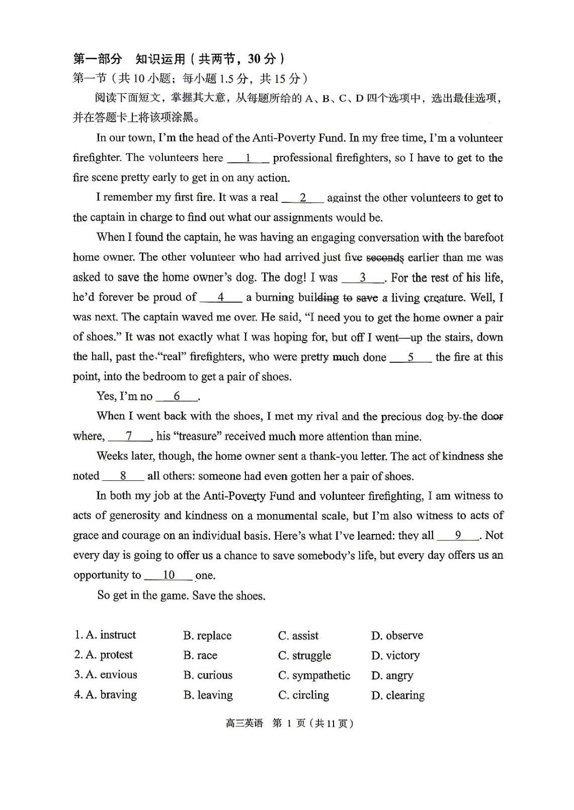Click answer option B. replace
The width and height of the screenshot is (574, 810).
[207, 636]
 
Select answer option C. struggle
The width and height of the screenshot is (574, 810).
[304, 656]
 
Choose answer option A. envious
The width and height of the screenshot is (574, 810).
[106, 675]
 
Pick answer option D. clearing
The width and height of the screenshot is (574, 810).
[397, 695]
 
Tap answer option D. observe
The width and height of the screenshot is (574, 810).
[397, 636]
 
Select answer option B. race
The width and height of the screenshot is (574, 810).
[200, 655]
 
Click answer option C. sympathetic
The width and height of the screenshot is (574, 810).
[314, 675]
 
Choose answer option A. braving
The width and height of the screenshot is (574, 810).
[106, 695]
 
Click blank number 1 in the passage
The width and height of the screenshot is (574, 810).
[248, 158]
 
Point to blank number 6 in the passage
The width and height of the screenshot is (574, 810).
[177, 397]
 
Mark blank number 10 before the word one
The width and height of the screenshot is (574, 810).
[169, 575]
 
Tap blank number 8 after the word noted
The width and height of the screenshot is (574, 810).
[123, 476]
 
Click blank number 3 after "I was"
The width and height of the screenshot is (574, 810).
[363, 278]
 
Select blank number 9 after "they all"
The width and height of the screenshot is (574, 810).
[458, 536]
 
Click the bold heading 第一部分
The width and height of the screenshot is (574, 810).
[98, 59]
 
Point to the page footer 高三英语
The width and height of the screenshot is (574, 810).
[244, 724]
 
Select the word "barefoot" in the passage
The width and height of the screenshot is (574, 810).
[483, 238]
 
